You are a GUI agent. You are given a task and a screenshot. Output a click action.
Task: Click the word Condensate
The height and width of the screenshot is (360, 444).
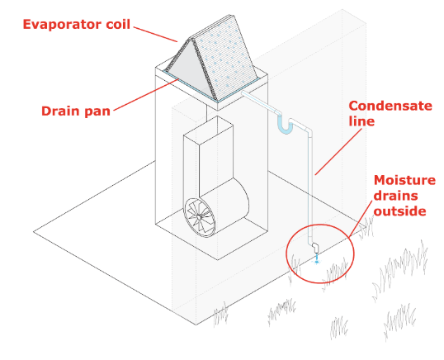(389, 107)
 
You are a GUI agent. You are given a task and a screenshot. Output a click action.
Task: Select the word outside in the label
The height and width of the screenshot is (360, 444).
(400, 211)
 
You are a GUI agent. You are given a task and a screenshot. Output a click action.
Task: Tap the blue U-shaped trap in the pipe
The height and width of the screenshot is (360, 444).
(286, 126)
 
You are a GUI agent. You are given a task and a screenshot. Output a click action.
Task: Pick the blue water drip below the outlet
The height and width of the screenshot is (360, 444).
(316, 264)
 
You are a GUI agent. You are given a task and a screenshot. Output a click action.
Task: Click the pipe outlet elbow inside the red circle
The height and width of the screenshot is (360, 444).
(315, 247)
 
